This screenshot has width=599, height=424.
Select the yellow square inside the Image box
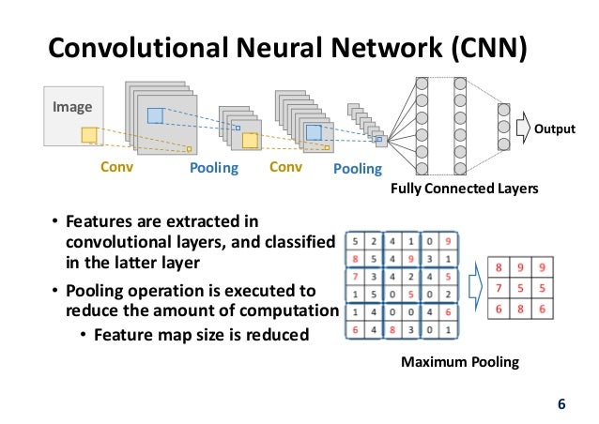[x=89, y=135]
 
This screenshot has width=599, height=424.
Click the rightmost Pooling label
[x=358, y=170]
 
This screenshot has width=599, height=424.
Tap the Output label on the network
[x=556, y=125]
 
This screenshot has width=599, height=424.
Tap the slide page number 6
[x=561, y=405]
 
